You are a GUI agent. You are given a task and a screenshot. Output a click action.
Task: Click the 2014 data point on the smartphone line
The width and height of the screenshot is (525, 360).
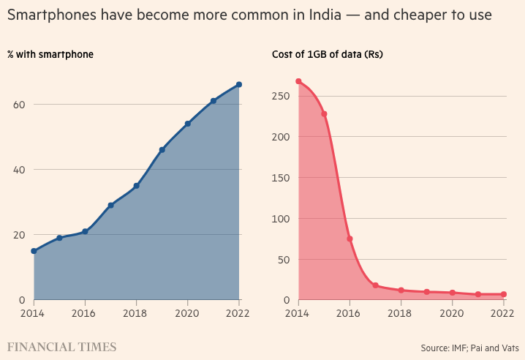pyautogui.click(x=34, y=251)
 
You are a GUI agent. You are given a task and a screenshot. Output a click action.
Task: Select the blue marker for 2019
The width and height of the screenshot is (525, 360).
pyautogui.click(x=162, y=149)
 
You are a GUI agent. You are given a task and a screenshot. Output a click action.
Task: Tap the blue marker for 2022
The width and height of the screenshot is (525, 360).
pyautogui.click(x=239, y=84)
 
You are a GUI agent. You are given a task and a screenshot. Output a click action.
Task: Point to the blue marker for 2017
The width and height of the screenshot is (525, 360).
pyautogui.click(x=110, y=205)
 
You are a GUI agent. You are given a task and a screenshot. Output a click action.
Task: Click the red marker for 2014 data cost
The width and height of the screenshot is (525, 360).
pyautogui.click(x=298, y=81)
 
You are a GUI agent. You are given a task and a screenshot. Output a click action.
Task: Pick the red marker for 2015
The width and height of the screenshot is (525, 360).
pyautogui.click(x=324, y=113)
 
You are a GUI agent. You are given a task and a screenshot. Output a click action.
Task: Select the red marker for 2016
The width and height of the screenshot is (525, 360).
pyautogui.click(x=350, y=239)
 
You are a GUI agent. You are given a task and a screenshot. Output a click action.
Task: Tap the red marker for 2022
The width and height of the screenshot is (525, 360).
pyautogui.click(x=504, y=294)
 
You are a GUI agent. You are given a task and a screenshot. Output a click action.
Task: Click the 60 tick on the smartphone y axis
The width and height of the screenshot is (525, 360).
pyautogui.click(x=20, y=105)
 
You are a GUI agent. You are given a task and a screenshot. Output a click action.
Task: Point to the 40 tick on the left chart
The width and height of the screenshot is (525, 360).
pyautogui.click(x=20, y=170)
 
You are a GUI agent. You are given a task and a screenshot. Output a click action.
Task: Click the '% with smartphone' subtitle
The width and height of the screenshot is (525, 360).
pyautogui.click(x=50, y=54)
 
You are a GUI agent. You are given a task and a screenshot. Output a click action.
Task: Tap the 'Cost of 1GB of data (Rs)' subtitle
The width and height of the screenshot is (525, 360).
pyautogui.click(x=328, y=54)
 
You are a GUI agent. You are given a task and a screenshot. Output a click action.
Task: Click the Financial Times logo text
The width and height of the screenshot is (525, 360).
pyautogui.click(x=61, y=345)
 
